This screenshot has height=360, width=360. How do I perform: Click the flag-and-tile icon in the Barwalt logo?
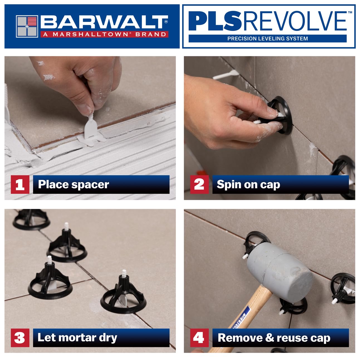pyautogui.click(x=27, y=26)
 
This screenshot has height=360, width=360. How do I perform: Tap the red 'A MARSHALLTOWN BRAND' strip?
pyautogui.click(x=104, y=35)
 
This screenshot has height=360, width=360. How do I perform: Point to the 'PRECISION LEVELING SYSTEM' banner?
pyautogui.click(x=267, y=39)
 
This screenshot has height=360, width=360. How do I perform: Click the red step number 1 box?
pyautogui.click(x=20, y=184)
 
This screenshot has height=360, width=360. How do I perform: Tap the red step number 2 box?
pyautogui.click(x=199, y=184)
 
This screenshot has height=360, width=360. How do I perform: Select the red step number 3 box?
pyautogui.click(x=20, y=338)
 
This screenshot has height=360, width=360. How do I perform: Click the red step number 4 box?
pyautogui.click(x=199, y=338)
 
